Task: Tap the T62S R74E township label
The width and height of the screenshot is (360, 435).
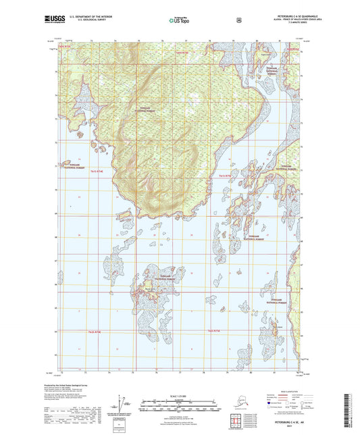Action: tap(93, 331)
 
